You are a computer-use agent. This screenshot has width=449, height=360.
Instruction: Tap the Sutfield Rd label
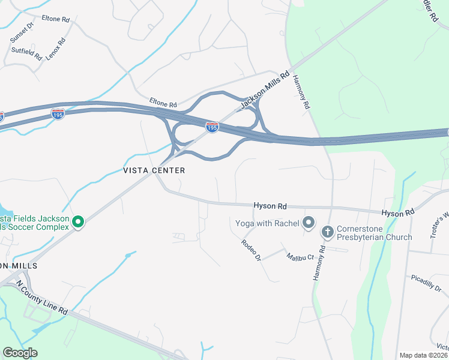coord(26,53)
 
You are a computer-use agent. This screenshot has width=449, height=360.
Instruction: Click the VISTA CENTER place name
coord(154,170)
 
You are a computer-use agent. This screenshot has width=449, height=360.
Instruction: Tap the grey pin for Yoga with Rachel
coord(309,223)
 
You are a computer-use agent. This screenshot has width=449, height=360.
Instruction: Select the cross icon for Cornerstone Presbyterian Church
coord(327,230)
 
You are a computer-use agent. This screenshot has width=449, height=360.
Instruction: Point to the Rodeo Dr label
coord(251,250)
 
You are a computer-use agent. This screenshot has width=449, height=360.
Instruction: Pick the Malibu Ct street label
coord(300,256)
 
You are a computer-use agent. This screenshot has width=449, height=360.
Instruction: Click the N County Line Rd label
coord(41,298)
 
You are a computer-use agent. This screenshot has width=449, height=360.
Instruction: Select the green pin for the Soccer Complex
coord(77,222)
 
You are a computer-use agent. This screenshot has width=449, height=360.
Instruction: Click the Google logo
coord(20,353)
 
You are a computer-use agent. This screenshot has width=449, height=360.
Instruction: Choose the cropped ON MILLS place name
coord(19,266)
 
